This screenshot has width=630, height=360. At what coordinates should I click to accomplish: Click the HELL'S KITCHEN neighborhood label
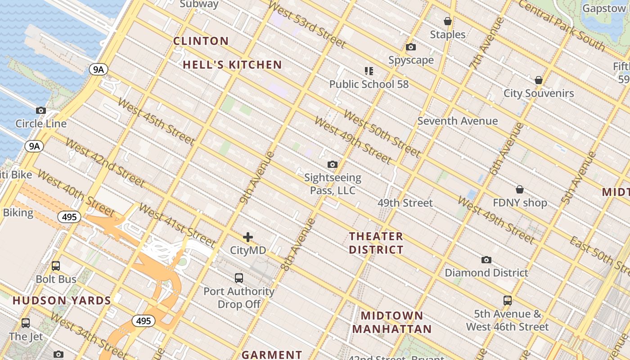pos(232,65)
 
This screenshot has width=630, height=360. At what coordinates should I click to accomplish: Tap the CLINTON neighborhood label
pos(201,41)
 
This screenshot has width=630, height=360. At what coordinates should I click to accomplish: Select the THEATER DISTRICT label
pos(376,243)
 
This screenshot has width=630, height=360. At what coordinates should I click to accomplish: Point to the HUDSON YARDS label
pos(62,301)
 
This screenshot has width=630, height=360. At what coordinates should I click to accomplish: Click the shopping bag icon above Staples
pos(448,21)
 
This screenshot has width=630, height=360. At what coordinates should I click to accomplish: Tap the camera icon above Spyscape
pos(411,47)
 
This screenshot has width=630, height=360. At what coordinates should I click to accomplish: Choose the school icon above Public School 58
pos(369,71)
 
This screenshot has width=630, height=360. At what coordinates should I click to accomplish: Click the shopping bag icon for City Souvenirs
pos(539,80)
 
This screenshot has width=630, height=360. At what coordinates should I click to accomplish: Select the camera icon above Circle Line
pos(41,110)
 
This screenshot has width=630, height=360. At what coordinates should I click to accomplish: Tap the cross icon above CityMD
pos(248,237)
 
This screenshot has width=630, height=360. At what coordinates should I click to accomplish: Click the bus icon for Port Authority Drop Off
pos(239,278)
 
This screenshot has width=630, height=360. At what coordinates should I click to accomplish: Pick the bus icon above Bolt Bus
pos(56,266)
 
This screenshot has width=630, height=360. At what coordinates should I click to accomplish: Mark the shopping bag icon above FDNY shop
pos(520,189)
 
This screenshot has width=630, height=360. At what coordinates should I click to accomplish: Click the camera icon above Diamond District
pos(486,260)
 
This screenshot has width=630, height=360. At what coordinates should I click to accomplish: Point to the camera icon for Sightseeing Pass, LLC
pos(333,164)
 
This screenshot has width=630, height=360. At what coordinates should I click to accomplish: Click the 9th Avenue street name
pos(257,178)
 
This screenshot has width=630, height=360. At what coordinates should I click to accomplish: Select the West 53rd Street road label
pos(307,25)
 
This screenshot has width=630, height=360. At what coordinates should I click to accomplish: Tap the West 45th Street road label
pos(156,121)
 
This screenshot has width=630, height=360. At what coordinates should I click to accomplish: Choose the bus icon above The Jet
pos(26,323)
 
